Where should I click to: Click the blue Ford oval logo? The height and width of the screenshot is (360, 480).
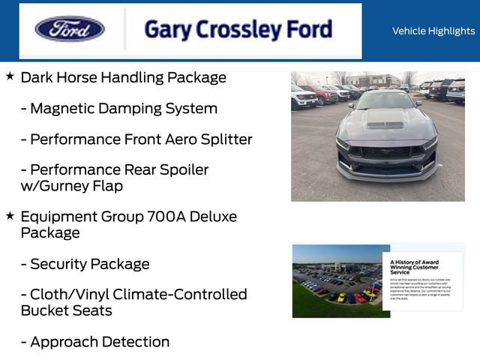[x=70, y=29]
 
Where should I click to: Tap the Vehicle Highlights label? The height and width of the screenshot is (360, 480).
[x=433, y=31]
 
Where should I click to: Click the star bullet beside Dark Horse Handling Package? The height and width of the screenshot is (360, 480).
[x=10, y=76]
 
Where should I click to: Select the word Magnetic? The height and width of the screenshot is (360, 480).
[x=63, y=108]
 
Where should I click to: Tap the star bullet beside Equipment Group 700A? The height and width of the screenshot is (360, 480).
[x=10, y=216]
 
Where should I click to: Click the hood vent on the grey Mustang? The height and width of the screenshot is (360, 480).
[x=385, y=124]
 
